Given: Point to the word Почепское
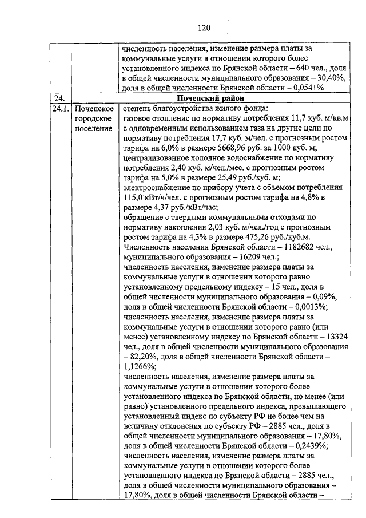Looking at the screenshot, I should (94, 109).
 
